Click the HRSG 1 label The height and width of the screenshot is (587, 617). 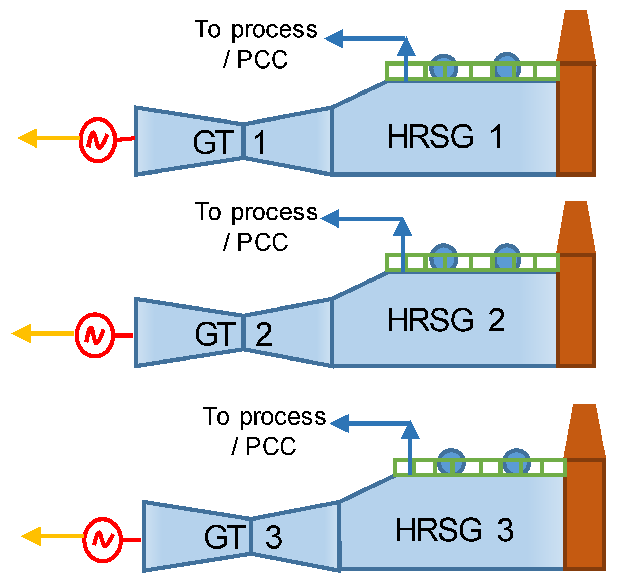445,136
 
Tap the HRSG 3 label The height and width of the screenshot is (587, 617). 454,530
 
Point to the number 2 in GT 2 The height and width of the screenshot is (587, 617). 264,335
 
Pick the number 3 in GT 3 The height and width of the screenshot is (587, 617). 273,537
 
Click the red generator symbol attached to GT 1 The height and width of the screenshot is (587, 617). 98,140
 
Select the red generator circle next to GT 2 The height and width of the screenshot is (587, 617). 95,335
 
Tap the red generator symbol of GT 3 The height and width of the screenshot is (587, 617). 103,540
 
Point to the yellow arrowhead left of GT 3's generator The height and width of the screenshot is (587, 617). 31,536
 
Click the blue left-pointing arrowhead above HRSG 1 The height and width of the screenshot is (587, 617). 334,39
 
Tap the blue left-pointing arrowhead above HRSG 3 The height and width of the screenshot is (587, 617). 340,423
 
